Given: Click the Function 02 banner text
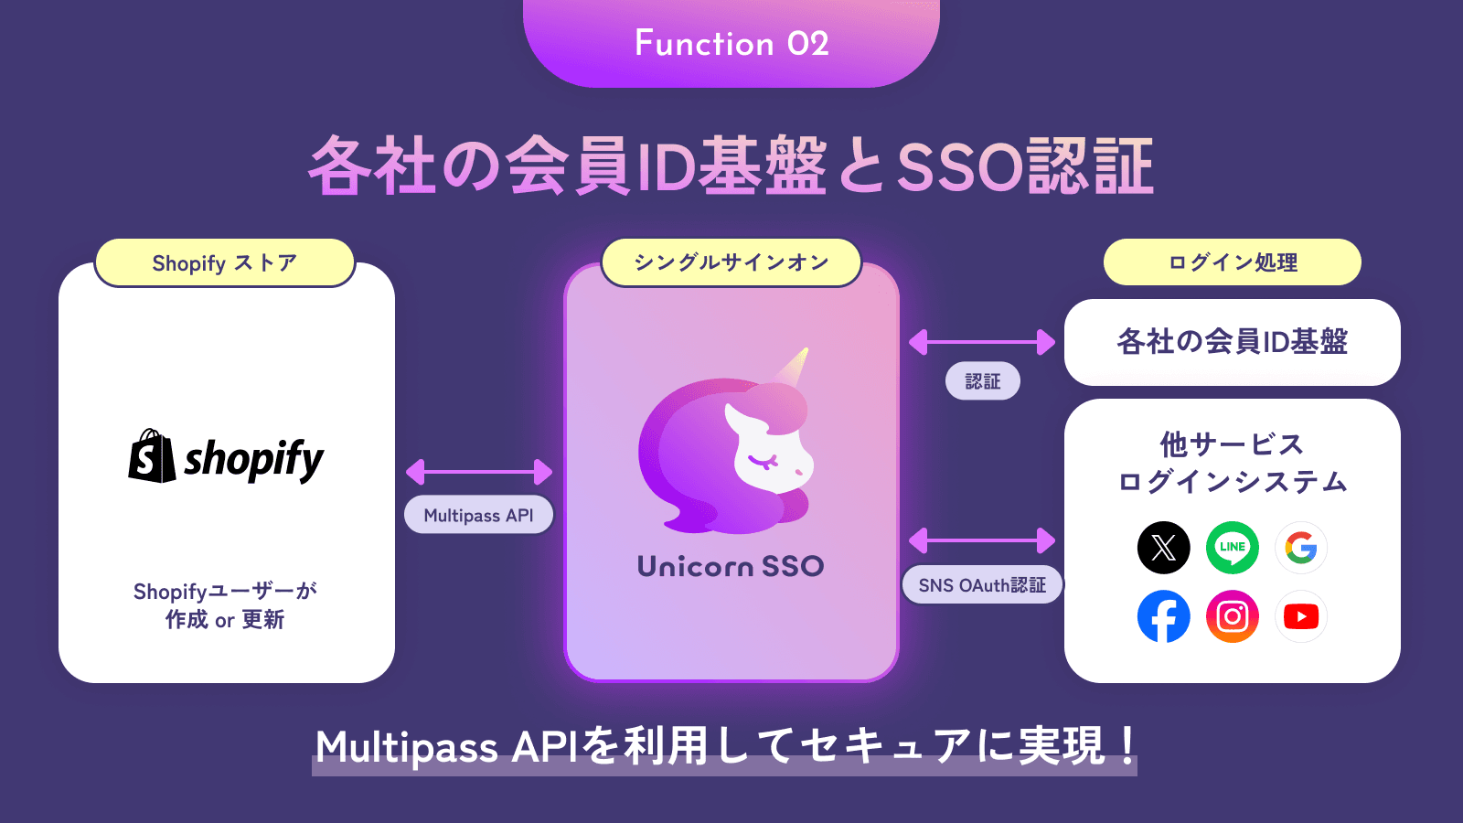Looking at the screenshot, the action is (731, 44).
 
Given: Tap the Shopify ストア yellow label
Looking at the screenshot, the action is (225, 262).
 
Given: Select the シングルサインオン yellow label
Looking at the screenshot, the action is (731, 262).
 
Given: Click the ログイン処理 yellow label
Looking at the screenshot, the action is (1233, 262).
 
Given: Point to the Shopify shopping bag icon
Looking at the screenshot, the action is (152, 456).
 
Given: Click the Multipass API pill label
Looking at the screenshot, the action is (479, 515).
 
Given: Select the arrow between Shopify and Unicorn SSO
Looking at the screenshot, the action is (479, 472).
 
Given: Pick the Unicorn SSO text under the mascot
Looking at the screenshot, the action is (731, 566).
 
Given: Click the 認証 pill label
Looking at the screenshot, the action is (982, 380).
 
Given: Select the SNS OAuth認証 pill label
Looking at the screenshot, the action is (982, 584).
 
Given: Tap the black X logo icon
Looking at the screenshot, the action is (1163, 548).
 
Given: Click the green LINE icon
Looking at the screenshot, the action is (1233, 548).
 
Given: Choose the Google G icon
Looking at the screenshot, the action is (1301, 548).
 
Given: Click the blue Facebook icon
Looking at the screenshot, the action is (1163, 616).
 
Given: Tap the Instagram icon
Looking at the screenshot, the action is (1233, 616).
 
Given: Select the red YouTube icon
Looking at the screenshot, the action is (1301, 616).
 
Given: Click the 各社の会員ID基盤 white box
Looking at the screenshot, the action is (1233, 342).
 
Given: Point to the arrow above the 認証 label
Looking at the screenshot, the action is (982, 342).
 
